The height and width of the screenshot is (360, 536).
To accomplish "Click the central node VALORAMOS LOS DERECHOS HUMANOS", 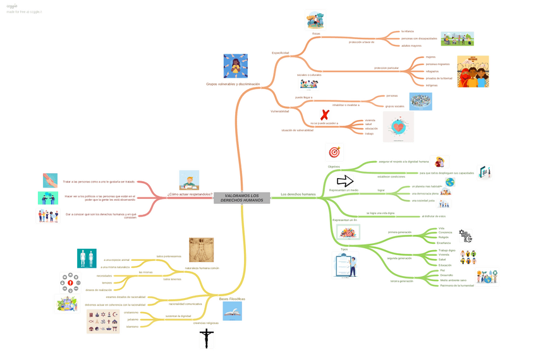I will coord(241,198).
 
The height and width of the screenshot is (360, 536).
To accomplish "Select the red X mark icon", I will coord(325,115).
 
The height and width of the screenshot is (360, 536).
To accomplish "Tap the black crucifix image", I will coord(206,339).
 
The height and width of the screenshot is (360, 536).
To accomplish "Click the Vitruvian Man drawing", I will coord(201,250).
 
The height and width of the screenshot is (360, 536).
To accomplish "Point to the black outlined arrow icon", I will coord(344,182).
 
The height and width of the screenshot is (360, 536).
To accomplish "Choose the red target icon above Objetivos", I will coord(334,152).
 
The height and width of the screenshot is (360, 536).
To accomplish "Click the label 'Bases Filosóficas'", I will coord(232,299).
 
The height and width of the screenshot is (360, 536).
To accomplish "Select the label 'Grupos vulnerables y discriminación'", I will coord(233,84).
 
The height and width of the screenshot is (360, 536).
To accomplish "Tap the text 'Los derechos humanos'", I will coord(298,194).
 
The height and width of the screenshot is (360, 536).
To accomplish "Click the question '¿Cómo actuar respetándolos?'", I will coord(190,194).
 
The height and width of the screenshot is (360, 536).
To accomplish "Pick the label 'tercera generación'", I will coord(401,281).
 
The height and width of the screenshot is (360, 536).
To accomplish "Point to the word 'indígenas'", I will coord(432,85).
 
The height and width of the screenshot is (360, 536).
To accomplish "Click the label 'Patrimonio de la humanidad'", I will coord(457,285).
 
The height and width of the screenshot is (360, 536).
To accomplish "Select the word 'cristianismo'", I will coord(131,313).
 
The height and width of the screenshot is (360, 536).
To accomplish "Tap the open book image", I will coord(232,311).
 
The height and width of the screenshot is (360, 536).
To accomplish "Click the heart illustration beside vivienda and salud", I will coord(398,127).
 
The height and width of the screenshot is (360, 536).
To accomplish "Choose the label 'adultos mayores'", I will coord(411,45).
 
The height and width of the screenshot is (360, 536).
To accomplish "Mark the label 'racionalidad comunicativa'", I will coord(185,304).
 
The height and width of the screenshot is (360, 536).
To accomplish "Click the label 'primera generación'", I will coord(399,232).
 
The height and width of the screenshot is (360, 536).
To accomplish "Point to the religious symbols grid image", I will coord(103,321).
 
